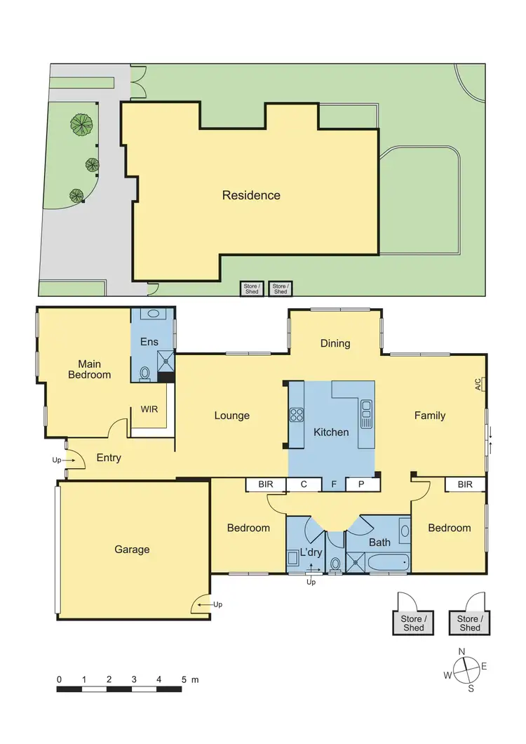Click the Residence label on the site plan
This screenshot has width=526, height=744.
251,195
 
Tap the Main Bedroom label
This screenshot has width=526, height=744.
89,369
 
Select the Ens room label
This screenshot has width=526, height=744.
149,342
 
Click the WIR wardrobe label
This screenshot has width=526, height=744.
149,408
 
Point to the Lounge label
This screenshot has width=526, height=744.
231,416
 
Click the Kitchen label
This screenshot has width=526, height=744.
330,432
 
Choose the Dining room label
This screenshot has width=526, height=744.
335,343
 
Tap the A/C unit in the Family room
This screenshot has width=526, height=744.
479,384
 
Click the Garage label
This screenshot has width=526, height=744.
132,549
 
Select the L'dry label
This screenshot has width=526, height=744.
310,552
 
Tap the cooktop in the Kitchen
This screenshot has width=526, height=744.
296,415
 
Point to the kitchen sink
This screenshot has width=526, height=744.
365,414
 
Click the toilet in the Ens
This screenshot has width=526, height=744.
145,373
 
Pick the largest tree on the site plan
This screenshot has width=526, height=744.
82,124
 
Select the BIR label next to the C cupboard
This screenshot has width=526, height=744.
266,484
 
